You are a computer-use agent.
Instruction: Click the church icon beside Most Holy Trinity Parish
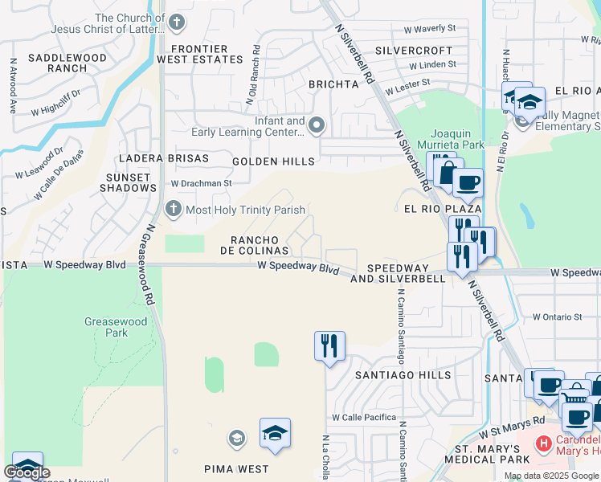(173, 210)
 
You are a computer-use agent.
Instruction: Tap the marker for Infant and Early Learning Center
(317, 125)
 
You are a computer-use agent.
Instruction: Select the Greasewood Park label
(117, 327)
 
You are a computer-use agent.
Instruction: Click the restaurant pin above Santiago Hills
(329, 346)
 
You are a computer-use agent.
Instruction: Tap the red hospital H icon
(544, 442)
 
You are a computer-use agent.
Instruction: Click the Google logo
(27, 472)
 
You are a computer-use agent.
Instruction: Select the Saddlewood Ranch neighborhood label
(67, 63)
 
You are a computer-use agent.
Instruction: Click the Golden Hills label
(273, 161)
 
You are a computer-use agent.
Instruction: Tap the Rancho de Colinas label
(255, 245)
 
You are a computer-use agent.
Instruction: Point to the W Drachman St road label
(201, 183)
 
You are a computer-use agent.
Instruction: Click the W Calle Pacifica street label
(365, 418)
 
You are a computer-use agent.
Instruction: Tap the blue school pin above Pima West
(275, 433)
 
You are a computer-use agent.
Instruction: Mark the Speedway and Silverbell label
(406, 273)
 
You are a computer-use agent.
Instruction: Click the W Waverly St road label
(429, 28)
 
